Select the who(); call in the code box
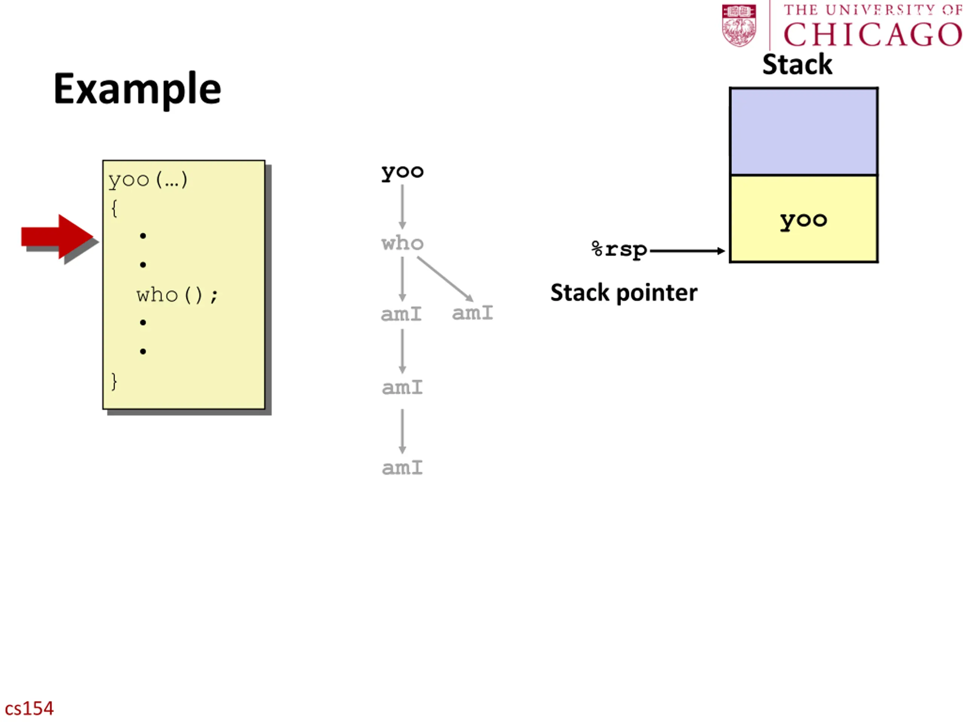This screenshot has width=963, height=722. click(177, 296)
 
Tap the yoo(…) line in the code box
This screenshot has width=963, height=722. click(148, 180)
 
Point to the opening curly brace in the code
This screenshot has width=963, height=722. click(114, 208)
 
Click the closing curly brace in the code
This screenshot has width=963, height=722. click(114, 382)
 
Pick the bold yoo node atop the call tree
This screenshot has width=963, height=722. click(402, 172)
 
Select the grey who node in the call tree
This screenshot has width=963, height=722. click(402, 243)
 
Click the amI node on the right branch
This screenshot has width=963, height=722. click(472, 313)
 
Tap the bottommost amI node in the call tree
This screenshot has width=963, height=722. click(402, 468)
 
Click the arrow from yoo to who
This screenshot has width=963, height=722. click(402, 207)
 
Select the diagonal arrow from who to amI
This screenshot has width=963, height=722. click(445, 279)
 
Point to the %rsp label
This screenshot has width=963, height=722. click(620, 250)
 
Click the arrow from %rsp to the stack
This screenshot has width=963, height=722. click(687, 251)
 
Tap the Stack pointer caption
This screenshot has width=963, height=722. click(624, 293)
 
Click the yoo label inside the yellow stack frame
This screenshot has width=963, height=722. click(803, 221)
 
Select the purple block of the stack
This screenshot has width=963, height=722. click(804, 132)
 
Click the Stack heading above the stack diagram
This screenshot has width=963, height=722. click(797, 64)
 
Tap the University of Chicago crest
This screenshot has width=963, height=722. click(739, 25)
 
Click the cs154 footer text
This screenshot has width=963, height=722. click(29, 708)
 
